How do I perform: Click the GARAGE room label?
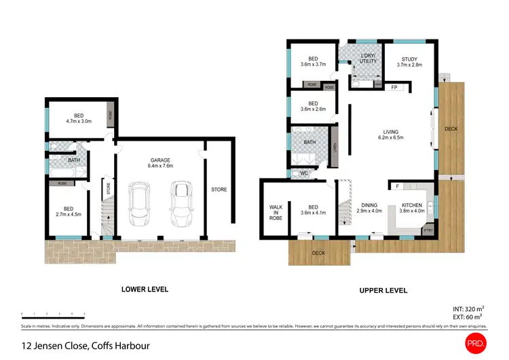click(x=161, y=160)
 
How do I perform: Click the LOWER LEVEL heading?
click(x=145, y=289)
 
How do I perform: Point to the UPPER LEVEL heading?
click(x=383, y=290)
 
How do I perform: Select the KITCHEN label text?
click(x=411, y=204)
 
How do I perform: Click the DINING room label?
click(x=369, y=204)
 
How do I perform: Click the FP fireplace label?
click(x=395, y=88)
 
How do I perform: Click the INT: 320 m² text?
click(x=467, y=308)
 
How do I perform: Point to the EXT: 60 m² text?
click(x=467, y=317)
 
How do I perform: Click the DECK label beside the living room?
click(x=451, y=128)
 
